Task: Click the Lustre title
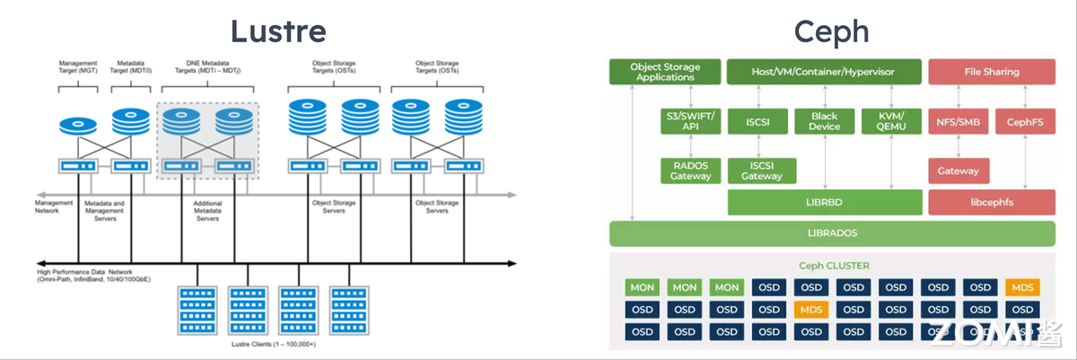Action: click(x=277, y=31)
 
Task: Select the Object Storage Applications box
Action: click(x=665, y=72)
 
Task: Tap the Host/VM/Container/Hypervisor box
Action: click(x=824, y=72)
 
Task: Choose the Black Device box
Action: click(x=824, y=121)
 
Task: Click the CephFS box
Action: click(x=1023, y=121)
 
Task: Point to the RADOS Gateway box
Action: click(x=690, y=171)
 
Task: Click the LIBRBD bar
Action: click(x=824, y=202)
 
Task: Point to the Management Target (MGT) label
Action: click(x=78, y=68)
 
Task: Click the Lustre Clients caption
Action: click(x=274, y=344)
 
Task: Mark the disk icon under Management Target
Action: click(x=79, y=127)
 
